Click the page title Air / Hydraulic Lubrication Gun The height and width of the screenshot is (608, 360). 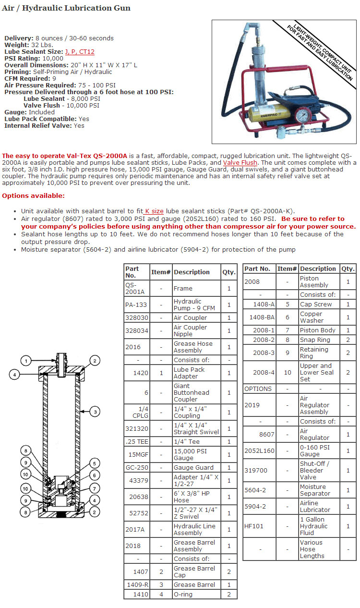tap(66, 8)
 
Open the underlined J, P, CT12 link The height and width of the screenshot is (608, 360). tap(80, 51)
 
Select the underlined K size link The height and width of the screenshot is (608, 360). tap(154, 211)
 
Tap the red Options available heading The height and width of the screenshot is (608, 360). tap(33, 195)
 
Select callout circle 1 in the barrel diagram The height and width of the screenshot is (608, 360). tap(26, 361)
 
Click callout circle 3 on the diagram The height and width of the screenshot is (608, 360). tap(95, 411)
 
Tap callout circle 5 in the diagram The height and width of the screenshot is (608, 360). tap(95, 463)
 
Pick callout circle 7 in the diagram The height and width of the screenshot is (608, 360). tap(95, 488)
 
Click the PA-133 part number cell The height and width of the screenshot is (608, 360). tap(136, 305)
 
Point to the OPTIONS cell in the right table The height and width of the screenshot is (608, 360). tap(258, 389)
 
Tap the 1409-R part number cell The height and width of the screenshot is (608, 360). tap(136, 584)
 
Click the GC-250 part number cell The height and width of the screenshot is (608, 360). tap(136, 467)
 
